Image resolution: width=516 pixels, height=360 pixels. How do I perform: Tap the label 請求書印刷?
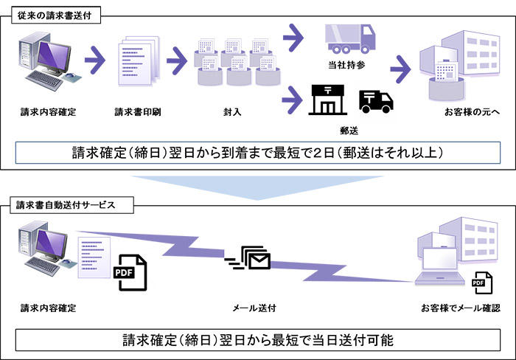click(x=138, y=113)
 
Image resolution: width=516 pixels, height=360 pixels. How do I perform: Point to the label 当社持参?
click(x=344, y=66)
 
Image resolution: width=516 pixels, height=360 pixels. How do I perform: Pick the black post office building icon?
click(x=327, y=100)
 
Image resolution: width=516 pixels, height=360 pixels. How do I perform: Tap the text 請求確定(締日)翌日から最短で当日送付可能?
click(x=258, y=340)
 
